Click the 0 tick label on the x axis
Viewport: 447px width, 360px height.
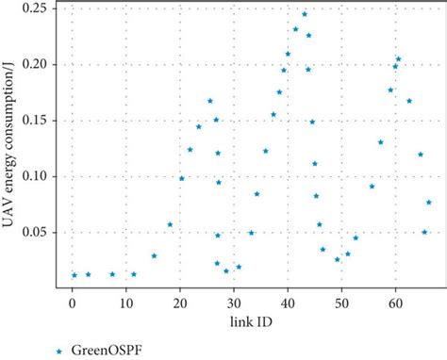pos(72,303)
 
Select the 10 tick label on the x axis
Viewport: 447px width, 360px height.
pos(125,303)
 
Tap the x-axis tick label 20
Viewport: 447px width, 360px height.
pos(179,303)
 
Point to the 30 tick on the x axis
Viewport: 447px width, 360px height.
pos(233,303)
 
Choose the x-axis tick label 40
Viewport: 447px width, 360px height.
pos(288,303)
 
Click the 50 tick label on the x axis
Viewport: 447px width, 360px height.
pos(341,303)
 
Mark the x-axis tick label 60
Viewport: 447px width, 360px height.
pos(395,303)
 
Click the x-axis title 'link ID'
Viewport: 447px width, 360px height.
pos(250,321)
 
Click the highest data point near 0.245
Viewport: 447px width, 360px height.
pos(305,14)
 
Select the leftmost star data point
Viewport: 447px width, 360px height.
pos(74,275)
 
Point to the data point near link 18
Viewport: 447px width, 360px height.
pos(170,224)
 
